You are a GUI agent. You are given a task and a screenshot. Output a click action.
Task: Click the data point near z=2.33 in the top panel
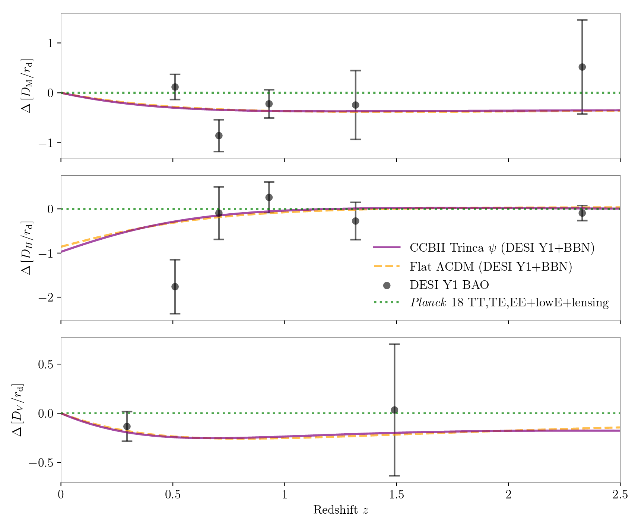(582, 67)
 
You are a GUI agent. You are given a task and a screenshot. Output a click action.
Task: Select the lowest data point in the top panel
(219, 135)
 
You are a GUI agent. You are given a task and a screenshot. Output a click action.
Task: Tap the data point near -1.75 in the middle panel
(175, 287)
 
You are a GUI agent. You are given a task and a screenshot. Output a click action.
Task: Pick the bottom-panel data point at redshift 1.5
(394, 410)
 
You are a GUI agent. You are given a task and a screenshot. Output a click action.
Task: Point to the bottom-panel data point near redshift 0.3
(127, 426)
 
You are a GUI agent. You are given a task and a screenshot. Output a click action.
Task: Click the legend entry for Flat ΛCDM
(490, 267)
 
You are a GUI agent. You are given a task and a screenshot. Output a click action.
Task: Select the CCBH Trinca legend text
(502, 248)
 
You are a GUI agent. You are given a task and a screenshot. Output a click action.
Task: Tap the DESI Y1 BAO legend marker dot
(387, 286)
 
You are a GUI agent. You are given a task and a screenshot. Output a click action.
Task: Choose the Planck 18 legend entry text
(509, 303)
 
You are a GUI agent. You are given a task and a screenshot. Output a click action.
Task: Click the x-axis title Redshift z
(340, 510)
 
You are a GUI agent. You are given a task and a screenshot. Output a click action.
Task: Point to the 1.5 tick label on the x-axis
(396, 495)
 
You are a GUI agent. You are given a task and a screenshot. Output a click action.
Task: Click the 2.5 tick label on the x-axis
(620, 495)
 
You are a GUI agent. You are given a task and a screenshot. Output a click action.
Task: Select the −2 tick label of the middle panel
(45, 297)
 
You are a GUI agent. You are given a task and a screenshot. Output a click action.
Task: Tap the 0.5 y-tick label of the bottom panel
(45, 364)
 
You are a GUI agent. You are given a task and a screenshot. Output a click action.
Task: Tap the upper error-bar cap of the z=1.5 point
(394, 344)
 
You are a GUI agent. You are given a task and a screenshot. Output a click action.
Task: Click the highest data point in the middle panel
(269, 197)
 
